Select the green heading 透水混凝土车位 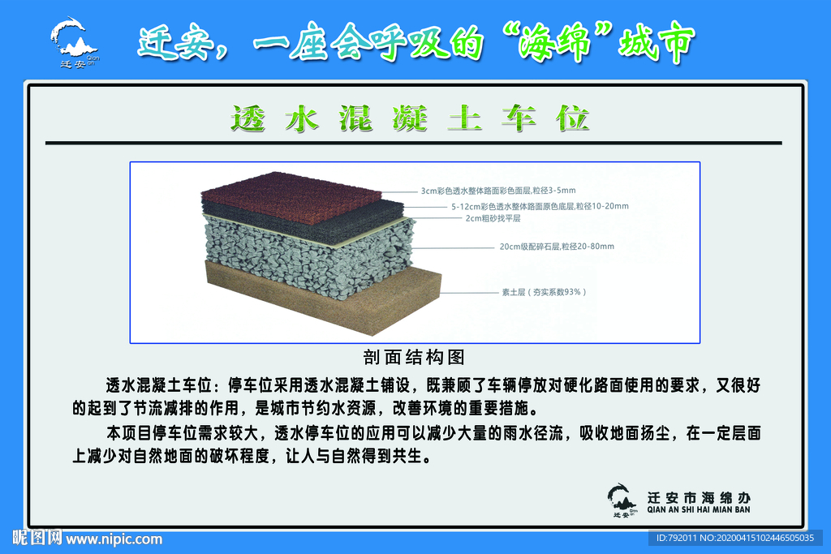pyautogui.click(x=410, y=118)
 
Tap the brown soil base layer pyautogui.click(x=341, y=304)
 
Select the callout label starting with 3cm pyautogui.click(x=497, y=191)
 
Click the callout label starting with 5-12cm pyautogui.click(x=540, y=206)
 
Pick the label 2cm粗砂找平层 pyautogui.click(x=493, y=218)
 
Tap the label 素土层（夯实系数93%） pyautogui.click(x=543, y=291)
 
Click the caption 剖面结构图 pyautogui.click(x=414, y=356)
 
